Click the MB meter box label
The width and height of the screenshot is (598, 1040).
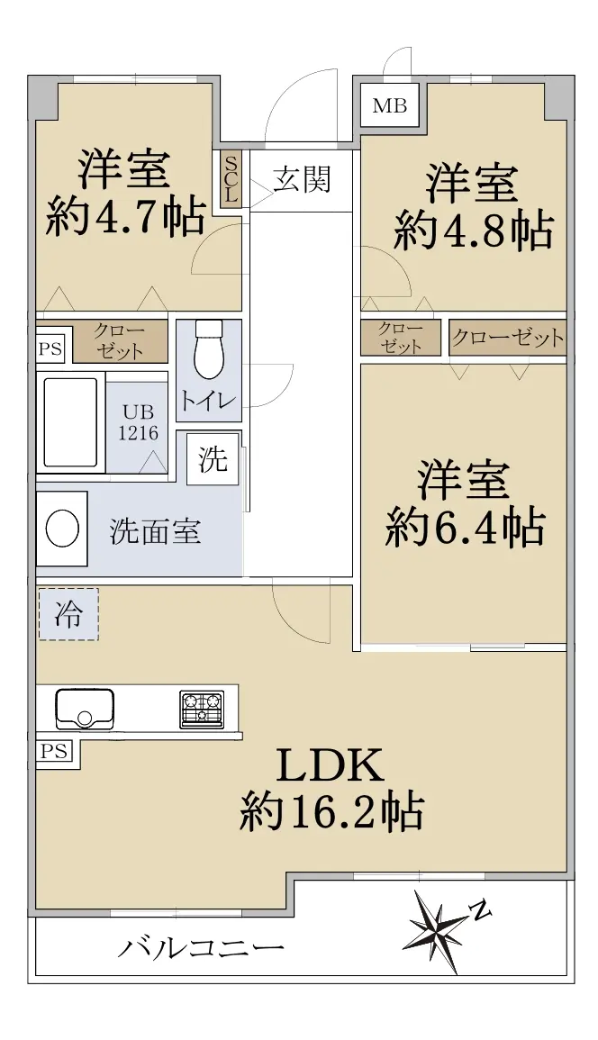point(390,105)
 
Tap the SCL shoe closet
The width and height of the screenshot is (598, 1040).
point(231,180)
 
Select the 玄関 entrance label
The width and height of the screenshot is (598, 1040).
point(302,179)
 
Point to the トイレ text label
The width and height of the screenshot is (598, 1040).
point(208,401)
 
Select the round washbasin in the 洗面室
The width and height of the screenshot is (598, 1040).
point(62,528)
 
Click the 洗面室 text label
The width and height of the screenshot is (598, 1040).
point(155,531)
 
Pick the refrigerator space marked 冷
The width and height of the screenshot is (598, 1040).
point(68,614)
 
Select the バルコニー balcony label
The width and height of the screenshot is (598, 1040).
point(201,948)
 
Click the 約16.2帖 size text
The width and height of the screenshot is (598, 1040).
point(331,812)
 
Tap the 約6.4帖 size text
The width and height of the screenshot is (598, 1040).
point(466,528)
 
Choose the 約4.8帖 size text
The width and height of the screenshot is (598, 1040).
point(473,231)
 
